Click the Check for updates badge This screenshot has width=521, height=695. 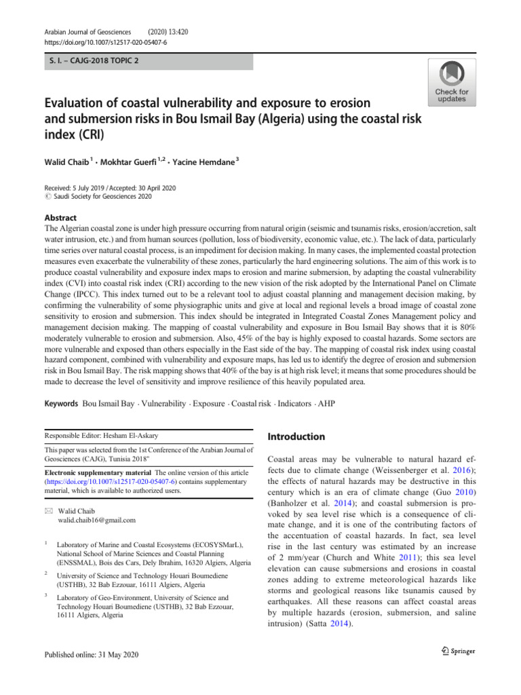pyautogui.click(x=451, y=81)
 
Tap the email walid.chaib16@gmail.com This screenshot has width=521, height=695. pyautogui.click(x=98, y=521)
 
